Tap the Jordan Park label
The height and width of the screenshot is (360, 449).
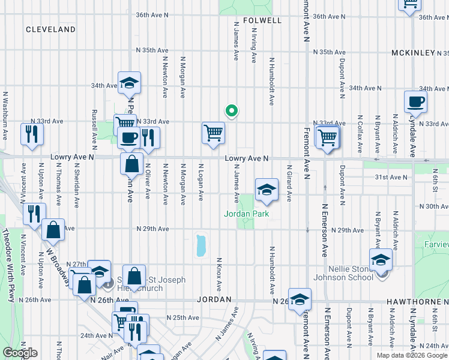point(246,214)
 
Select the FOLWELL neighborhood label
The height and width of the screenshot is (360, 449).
point(262,20)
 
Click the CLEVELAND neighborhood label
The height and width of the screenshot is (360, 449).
point(50,29)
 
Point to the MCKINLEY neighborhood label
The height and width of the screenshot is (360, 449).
point(412,53)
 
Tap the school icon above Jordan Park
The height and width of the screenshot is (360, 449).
point(267,190)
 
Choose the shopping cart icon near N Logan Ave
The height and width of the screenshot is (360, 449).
point(213,133)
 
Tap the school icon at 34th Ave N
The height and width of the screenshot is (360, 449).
point(128,83)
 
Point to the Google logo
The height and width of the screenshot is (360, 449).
point(20,353)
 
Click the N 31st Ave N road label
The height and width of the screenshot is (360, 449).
point(391,177)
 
